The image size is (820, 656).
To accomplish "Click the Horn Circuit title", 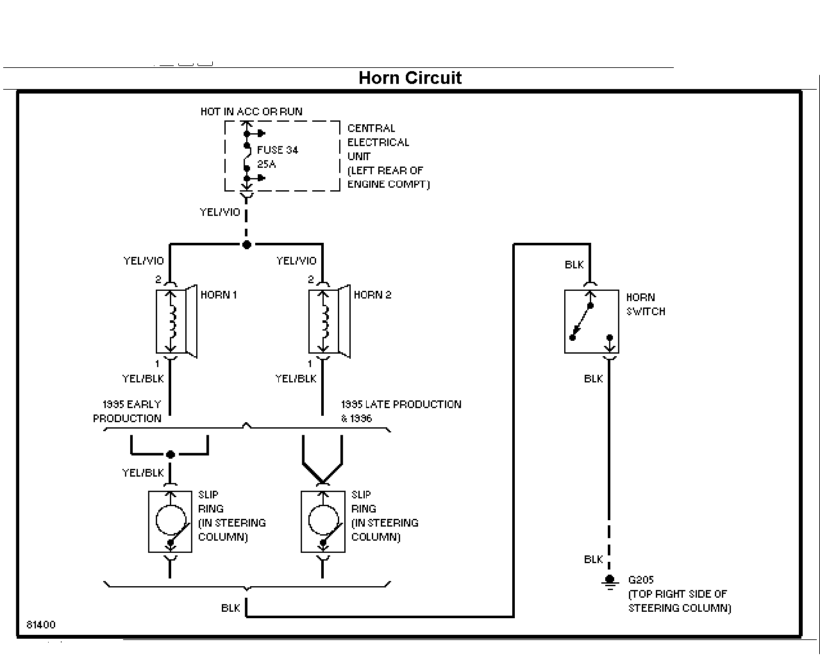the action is coord(410,78).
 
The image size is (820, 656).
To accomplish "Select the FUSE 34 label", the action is coord(278,150).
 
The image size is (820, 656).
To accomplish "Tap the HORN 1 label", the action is coord(219,295).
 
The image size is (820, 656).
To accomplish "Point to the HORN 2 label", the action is coord(372,295).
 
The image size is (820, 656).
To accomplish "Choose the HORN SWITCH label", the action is coord(646,304).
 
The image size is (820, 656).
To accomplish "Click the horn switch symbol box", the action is coord(591,322).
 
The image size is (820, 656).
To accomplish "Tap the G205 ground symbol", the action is coord(610,582).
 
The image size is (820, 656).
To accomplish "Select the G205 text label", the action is coord(640,580).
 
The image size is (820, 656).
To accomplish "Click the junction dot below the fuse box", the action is coord(247,245).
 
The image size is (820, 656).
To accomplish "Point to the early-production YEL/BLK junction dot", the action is coord(171,454).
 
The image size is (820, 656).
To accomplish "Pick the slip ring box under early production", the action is coord(170,521).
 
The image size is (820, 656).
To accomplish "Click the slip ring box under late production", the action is coord(322,521).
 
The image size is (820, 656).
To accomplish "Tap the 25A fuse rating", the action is coord(266,164).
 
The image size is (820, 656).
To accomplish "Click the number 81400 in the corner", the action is coord(41,625).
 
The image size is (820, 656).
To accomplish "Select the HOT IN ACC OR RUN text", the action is coord(251,111).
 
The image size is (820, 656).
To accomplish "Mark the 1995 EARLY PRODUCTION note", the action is coord(128,411).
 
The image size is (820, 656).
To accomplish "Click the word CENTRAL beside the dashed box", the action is coord(371,128).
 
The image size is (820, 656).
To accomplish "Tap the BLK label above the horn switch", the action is coord(574,265).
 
